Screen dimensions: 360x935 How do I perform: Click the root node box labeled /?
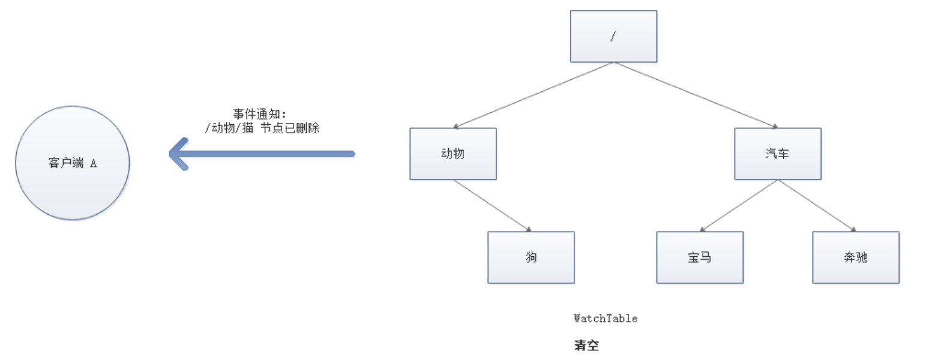613,36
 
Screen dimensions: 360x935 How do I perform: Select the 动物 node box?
453,154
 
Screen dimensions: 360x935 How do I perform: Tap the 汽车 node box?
778,154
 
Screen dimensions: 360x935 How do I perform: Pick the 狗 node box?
531,257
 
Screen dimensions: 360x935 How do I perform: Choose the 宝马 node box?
700,257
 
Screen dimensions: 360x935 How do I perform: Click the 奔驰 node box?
856,257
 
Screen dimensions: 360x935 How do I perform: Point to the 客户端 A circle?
72,163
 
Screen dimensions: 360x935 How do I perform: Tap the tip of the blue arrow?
172,154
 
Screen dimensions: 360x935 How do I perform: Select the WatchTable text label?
606,318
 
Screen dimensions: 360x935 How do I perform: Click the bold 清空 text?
586,346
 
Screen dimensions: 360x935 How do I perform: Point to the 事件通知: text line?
260,114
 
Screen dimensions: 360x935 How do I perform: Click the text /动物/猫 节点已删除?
262,128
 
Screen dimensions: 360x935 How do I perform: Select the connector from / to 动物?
533,95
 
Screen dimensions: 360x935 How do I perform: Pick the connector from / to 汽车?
696,95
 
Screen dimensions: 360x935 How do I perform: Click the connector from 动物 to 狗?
492,205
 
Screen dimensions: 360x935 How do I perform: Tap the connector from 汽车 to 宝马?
739,205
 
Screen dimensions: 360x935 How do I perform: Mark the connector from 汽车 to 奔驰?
817,205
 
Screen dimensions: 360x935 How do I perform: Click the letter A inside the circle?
94,163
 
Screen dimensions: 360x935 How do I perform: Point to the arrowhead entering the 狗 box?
528,229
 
